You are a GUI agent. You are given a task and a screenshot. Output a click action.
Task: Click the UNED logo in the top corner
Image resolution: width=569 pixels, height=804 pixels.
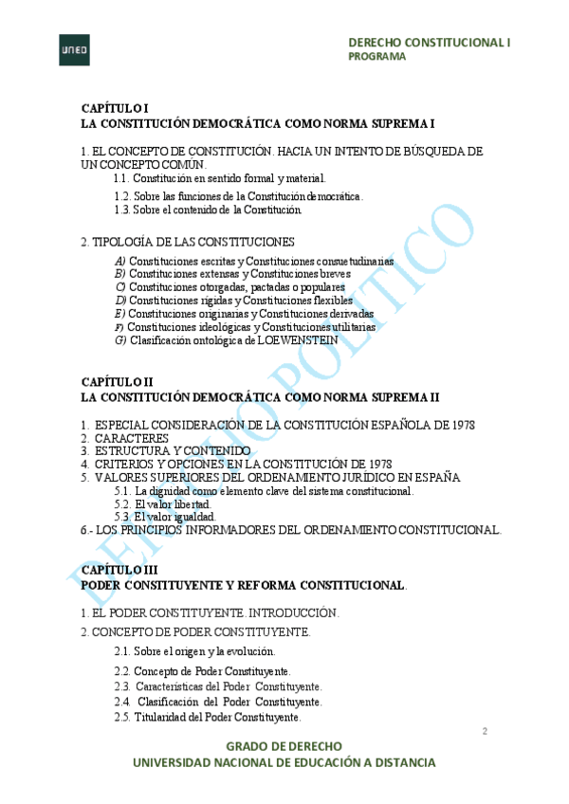[x=74, y=49]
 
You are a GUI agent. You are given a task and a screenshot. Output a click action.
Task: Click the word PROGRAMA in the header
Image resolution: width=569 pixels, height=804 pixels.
[x=377, y=56]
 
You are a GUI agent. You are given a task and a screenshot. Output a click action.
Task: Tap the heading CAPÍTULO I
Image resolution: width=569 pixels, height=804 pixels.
[x=115, y=109]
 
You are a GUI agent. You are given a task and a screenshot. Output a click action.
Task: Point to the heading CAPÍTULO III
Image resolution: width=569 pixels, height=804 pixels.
[x=119, y=570]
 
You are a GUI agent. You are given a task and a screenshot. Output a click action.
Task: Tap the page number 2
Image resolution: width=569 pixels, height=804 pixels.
[x=485, y=731]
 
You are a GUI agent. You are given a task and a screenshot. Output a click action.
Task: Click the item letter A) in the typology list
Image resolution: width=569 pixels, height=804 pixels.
[x=119, y=261]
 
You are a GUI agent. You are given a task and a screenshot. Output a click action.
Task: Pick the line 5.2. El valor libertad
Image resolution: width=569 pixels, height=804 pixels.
[x=160, y=504]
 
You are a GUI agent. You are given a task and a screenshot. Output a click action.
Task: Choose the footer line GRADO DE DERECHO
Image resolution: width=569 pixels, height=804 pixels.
[x=284, y=746]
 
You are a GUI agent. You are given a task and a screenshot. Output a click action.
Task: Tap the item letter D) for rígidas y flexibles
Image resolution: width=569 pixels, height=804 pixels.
[x=119, y=301]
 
